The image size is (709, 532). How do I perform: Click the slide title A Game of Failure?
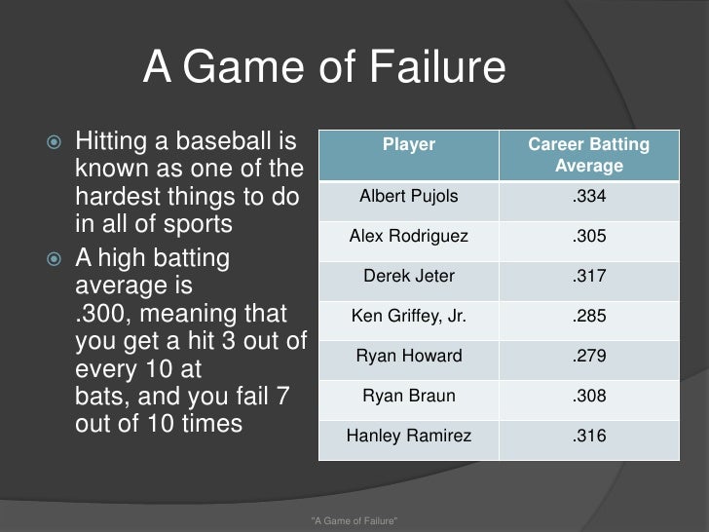coord(324,69)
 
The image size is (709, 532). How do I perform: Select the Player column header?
coord(409,145)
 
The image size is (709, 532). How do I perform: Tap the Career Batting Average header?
coord(588,155)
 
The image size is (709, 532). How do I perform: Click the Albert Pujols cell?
coord(409,197)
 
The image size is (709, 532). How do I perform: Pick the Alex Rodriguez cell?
coord(409,237)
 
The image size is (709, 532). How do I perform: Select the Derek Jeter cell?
coord(409,277)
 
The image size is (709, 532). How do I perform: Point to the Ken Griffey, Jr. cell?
coord(409,317)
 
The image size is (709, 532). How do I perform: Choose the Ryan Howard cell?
coord(409,357)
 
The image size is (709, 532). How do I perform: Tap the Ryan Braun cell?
coord(409,397)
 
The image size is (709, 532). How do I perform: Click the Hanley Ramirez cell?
coord(409,437)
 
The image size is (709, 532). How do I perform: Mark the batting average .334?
coord(588,197)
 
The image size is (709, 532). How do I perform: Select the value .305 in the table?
coord(588,237)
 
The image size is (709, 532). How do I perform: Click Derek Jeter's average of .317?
coord(588,277)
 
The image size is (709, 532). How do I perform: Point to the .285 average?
coord(588,317)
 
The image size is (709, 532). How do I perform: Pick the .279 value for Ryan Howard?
coord(588,357)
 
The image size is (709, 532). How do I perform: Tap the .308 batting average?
coord(588,397)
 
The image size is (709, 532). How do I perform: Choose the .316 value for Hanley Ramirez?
coord(588,437)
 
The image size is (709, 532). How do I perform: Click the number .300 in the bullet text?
coord(101,315)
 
